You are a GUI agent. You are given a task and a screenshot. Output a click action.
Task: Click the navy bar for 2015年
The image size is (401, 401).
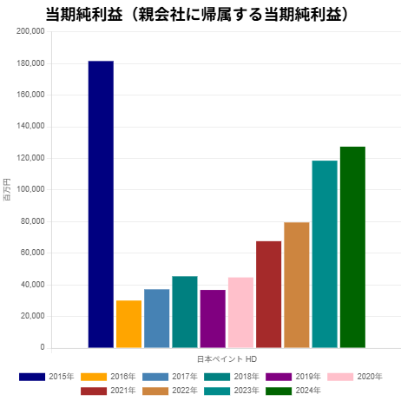coord(101,204)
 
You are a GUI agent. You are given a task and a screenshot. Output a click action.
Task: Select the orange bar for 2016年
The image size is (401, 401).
coord(128,324)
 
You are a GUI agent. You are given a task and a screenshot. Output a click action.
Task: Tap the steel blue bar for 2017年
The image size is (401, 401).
coord(156,318)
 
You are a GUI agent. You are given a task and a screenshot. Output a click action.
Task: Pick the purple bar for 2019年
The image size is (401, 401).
coord(213,319)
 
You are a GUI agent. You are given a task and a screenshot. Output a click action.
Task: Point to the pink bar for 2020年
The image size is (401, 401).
coord(240,312)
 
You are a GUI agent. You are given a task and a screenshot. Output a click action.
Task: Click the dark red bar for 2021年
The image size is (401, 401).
coord(268,294)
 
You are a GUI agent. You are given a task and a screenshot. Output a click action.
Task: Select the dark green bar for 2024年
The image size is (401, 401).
coord(352,247)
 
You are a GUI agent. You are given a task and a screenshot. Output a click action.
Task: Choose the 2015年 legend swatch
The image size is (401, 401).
coord(32,376)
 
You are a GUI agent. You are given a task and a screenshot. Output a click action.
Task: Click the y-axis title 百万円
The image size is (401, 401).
coord(7,189)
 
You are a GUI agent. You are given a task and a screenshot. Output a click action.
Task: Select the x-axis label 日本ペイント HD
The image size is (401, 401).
coord(227,358)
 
